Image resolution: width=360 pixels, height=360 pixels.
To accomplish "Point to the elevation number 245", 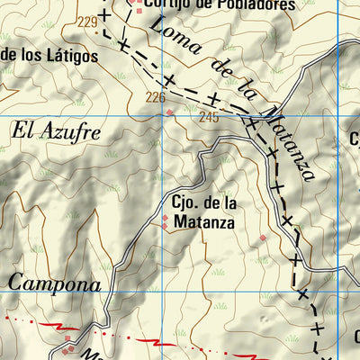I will tap(209, 116).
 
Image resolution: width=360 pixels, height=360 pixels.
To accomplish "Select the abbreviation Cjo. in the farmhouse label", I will tap(184, 202).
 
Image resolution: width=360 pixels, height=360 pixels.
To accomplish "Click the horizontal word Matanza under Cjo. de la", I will tap(204, 220).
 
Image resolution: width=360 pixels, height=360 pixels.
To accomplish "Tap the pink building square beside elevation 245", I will tap(170, 112).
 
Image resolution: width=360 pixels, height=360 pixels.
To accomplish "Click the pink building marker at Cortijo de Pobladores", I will tap(138, 3).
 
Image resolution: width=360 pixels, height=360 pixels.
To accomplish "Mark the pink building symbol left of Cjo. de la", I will tap(164, 217).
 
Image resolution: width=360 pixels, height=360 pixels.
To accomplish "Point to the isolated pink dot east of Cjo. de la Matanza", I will tap(263, 238).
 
